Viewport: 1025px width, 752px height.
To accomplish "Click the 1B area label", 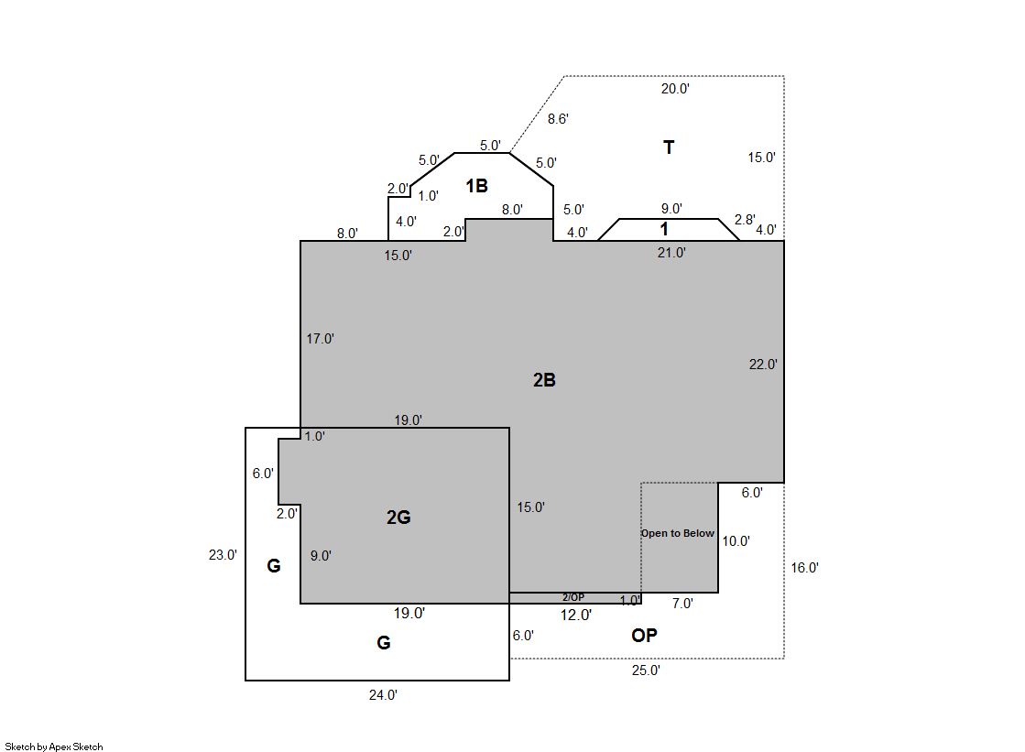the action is pos(476,186).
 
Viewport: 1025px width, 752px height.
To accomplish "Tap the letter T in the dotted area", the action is pos(668,147).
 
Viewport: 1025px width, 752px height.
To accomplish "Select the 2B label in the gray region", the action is pos(544,380).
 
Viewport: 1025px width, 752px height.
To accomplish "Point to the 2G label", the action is pos(398,518).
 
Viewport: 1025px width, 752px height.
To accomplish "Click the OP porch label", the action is pos(644,635).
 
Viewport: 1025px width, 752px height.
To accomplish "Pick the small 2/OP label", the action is pos(573,597).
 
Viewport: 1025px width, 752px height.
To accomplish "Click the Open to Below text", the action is pos(677,533).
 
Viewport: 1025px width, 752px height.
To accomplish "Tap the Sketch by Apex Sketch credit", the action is pos(54,747).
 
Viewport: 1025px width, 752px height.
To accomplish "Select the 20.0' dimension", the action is pos(674,89).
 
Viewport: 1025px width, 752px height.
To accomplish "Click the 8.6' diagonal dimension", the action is pos(558,119).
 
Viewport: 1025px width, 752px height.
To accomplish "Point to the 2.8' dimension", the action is pos(745,220).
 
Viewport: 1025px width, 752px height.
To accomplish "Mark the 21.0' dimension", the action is pos(671,253).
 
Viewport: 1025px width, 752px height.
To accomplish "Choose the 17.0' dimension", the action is pos(321,339).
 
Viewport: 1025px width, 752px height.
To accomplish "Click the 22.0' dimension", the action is pos(763,365).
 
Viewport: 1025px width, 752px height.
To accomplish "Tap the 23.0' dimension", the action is pos(223,555).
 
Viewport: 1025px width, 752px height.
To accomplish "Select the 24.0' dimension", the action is pos(383,695).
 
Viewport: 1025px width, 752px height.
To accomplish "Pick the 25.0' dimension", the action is pos(646,670).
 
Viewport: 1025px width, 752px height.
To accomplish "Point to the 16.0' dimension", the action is pos(805,568).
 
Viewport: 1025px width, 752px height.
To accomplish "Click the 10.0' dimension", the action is pos(736,540).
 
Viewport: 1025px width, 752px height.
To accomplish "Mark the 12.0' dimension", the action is pos(576,615).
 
